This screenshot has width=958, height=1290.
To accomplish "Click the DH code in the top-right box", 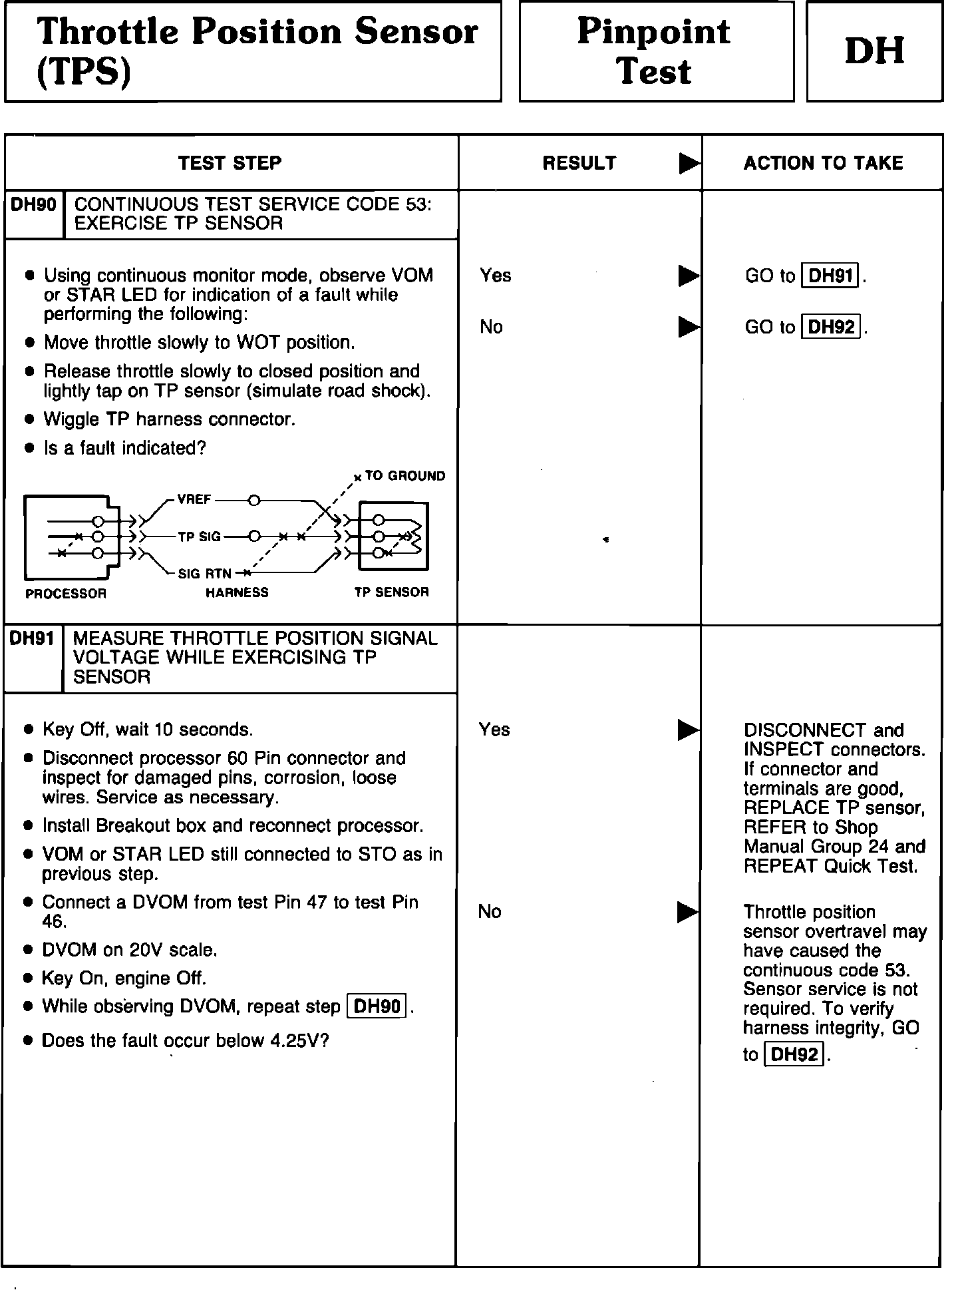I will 874,51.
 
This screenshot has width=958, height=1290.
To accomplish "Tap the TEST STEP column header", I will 230,163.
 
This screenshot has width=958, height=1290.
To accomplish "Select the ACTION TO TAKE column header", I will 823,163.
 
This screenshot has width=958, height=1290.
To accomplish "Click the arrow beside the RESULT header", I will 689,164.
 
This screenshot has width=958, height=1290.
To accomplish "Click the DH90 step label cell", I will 33,205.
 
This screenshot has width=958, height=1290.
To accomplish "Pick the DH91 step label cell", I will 32,639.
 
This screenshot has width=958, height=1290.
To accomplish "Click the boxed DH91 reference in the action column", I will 831,276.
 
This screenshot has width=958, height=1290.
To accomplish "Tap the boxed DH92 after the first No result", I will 831,327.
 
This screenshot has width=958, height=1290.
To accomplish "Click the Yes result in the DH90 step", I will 495,276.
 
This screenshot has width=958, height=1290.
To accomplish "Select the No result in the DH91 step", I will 490,911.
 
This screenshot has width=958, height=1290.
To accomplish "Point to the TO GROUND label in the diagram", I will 404,476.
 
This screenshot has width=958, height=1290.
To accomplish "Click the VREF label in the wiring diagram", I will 194,500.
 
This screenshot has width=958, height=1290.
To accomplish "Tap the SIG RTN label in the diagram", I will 204,574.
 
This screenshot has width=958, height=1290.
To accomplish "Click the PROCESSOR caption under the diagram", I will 66,593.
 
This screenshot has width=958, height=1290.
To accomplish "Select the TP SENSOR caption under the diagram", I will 391,592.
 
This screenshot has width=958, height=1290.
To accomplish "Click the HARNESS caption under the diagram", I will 237,592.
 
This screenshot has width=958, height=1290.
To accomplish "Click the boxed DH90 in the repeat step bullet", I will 377,1006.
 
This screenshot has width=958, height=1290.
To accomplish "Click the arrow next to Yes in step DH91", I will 688,730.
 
